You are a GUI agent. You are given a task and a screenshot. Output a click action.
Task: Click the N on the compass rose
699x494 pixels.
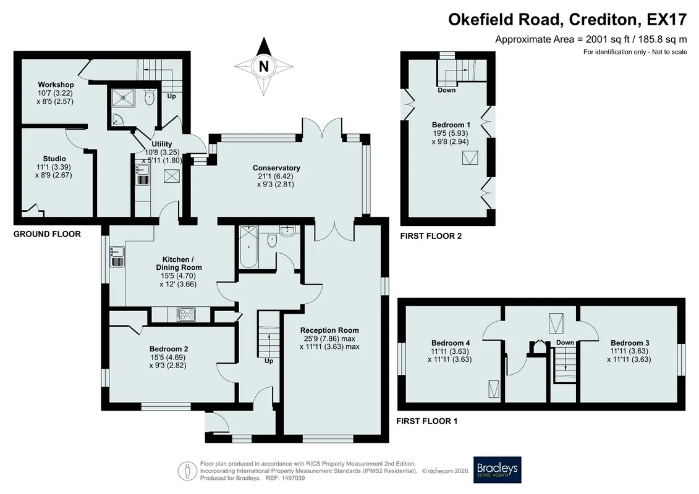click(x=264, y=66)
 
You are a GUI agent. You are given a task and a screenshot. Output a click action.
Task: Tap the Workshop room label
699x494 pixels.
click(x=56, y=85)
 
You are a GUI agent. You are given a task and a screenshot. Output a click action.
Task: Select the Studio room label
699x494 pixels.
click(x=54, y=159)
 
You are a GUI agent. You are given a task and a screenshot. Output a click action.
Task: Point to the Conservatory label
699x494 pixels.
click(x=276, y=168)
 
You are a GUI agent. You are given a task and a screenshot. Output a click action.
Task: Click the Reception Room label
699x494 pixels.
click(x=329, y=330)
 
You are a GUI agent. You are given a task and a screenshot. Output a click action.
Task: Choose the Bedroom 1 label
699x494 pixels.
click(x=451, y=125)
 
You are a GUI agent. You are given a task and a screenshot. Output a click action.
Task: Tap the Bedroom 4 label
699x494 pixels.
click(x=451, y=343)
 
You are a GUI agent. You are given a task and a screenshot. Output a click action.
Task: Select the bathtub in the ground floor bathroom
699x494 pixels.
click(x=248, y=247)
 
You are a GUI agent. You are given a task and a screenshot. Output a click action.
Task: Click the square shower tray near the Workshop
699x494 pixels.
click(x=120, y=96)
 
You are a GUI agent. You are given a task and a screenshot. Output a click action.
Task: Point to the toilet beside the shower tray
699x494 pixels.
click(x=150, y=97)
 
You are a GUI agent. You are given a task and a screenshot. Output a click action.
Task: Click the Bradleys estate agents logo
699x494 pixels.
click(x=497, y=469)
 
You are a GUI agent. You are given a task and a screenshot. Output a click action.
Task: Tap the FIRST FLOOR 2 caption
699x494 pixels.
click(x=431, y=236)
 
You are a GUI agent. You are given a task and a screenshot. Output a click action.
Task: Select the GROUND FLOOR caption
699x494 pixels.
click(x=47, y=234)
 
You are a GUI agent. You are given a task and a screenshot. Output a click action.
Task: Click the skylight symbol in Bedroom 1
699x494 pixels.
click(x=470, y=158)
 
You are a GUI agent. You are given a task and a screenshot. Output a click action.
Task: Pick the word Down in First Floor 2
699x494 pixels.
click(x=447, y=90)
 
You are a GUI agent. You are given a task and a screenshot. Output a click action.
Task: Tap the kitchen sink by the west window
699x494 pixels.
click(x=117, y=257)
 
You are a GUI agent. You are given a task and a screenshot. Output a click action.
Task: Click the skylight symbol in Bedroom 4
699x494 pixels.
click(x=494, y=388)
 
